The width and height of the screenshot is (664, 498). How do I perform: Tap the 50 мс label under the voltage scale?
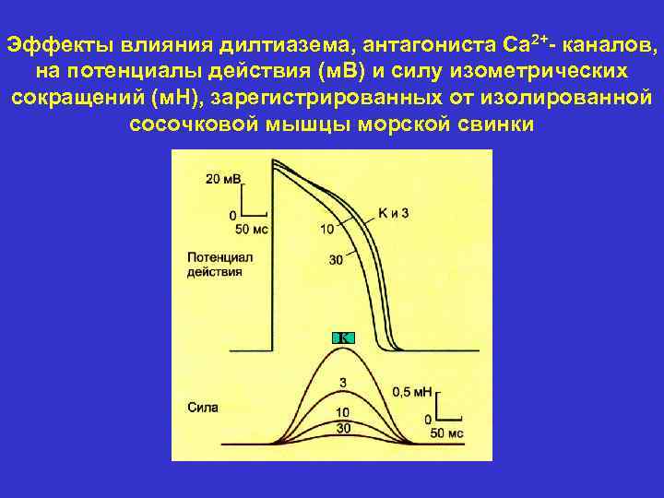coord(252,228)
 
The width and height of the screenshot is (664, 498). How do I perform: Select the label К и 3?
coord(394,213)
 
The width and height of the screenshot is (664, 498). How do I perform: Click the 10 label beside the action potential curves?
coord(326,229)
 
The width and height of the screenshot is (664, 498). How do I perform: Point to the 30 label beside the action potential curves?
coord(336,260)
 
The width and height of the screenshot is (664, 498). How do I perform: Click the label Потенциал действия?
coord(219,265)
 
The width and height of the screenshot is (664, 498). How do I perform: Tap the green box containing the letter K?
coord(342,338)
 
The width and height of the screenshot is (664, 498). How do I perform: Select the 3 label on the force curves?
coord(342,382)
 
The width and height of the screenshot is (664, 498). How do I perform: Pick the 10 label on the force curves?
coord(342,411)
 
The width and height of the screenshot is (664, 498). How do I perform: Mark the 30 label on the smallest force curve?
coord(342,428)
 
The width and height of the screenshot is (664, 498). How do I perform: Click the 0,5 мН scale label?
coord(412,392)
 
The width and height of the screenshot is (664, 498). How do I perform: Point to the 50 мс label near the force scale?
coord(446,433)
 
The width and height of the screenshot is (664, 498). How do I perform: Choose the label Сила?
coord(202,406)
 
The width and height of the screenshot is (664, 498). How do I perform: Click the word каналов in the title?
coord(612,44)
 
